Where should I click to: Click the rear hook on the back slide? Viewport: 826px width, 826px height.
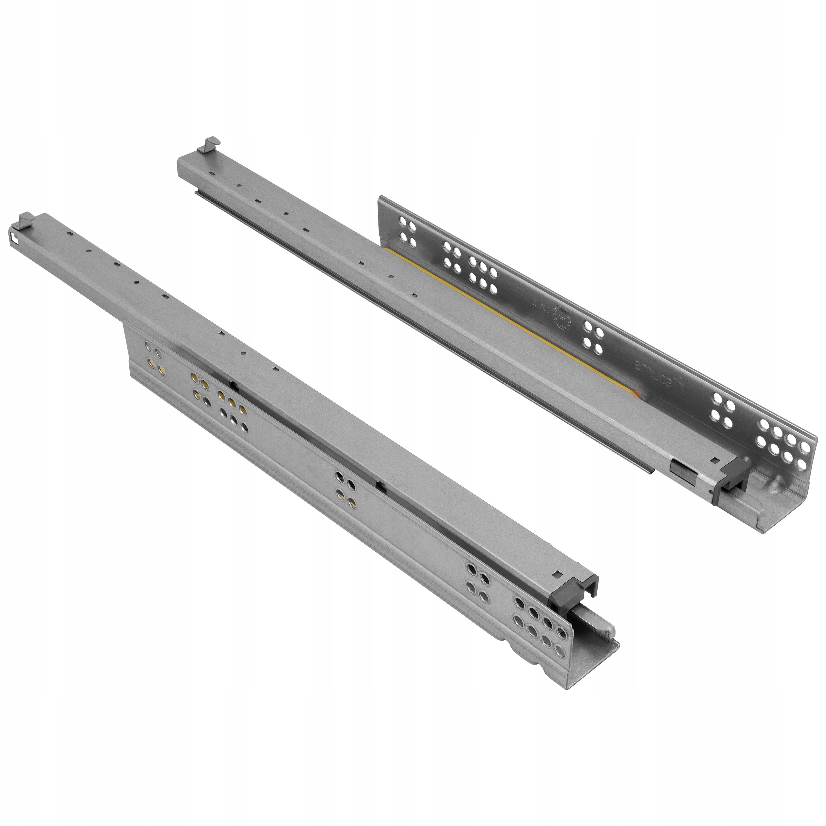point(209,144)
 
